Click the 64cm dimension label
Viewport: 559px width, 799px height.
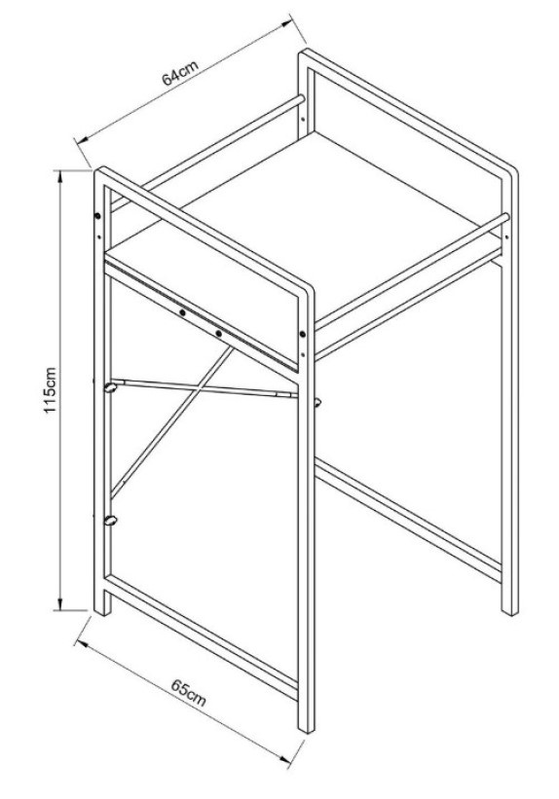[x=179, y=74]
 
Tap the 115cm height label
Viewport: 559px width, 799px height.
[x=51, y=390]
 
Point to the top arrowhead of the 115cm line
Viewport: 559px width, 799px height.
[x=60, y=176]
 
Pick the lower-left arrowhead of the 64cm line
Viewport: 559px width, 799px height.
[x=83, y=138]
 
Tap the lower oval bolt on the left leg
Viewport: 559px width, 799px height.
[x=111, y=521]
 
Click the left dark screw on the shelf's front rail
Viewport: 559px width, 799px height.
[x=182, y=312]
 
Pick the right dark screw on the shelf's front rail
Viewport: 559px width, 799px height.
[x=219, y=334]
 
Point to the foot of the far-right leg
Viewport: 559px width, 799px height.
[x=509, y=610]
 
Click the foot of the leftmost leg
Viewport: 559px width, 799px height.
[x=102, y=610]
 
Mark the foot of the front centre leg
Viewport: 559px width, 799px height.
[x=306, y=728]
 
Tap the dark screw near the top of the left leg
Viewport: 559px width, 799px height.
[x=98, y=218]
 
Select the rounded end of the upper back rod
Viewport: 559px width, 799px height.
[x=301, y=98]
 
